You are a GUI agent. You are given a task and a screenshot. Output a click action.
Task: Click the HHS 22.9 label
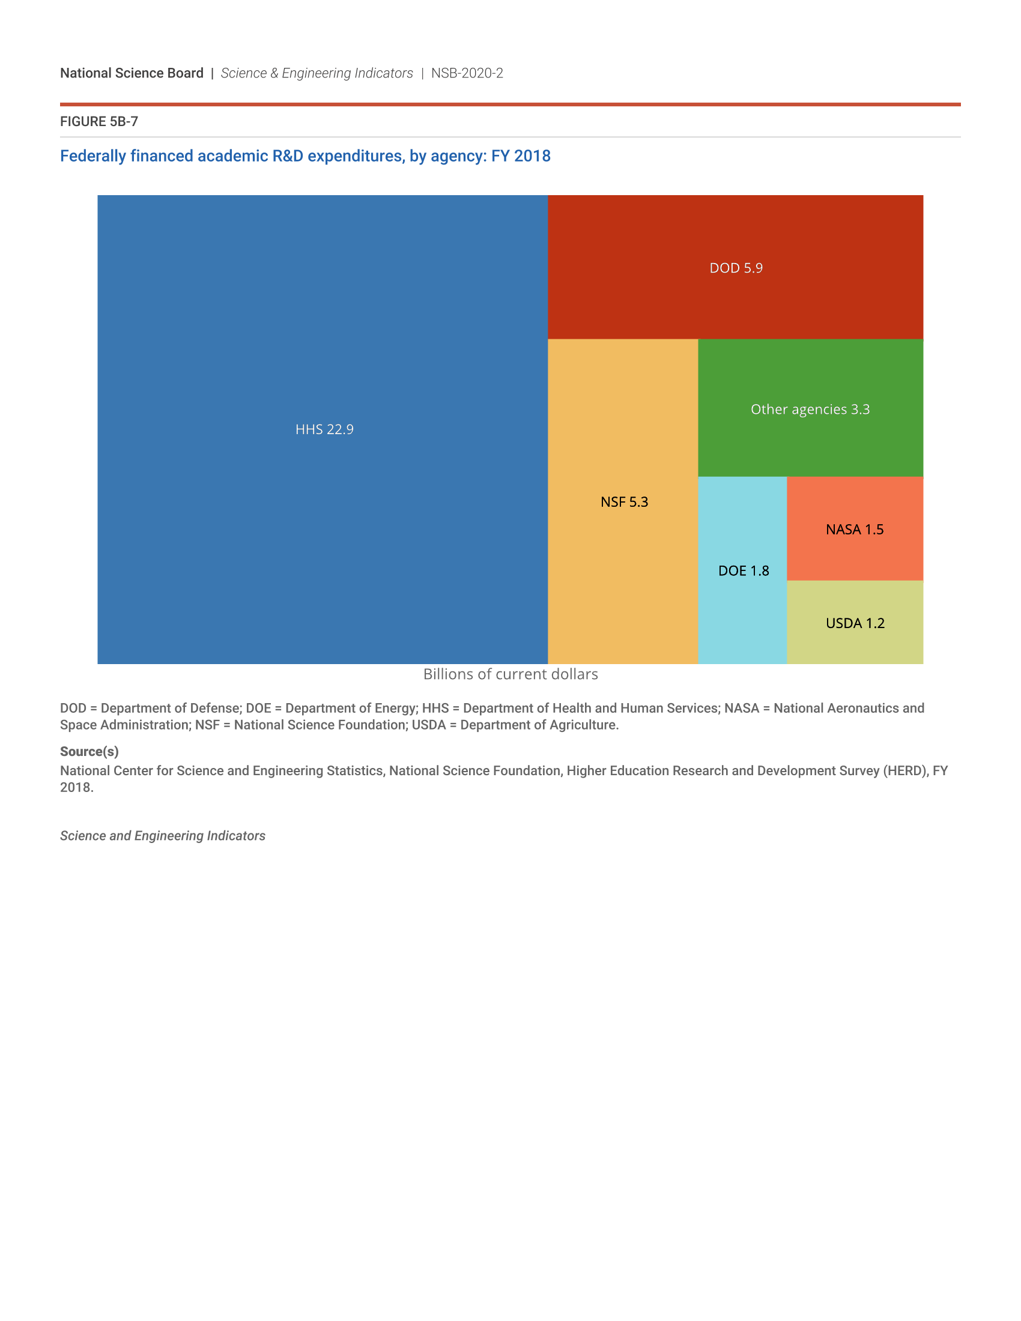pos(324,429)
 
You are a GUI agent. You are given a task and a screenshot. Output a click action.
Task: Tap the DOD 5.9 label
pos(736,268)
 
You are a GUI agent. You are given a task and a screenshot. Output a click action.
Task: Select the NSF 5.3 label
pos(624,502)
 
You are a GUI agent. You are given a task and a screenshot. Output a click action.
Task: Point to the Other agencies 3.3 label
pos(810,410)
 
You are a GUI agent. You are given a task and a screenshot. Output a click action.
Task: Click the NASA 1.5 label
pos(855,530)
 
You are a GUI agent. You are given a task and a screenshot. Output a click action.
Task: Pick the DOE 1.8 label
pos(744,571)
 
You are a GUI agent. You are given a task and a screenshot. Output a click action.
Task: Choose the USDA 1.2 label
pos(855,624)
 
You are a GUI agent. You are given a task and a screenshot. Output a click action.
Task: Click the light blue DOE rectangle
pos(742,623)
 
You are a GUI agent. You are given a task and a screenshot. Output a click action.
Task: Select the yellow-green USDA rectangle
pos(855,647)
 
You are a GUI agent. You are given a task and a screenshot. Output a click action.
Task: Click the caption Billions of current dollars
pos(510,674)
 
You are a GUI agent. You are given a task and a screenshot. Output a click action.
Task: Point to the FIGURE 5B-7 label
pos(99,121)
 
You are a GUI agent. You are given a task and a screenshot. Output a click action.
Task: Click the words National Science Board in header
pos(132,73)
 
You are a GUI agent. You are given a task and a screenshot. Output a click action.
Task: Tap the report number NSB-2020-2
pos(467,73)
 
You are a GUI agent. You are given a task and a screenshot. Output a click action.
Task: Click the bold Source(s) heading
pos(89,751)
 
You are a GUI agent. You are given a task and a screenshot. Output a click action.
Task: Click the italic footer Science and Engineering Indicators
pos(163,836)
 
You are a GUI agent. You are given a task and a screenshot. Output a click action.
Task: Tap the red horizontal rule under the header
pos(510,104)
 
